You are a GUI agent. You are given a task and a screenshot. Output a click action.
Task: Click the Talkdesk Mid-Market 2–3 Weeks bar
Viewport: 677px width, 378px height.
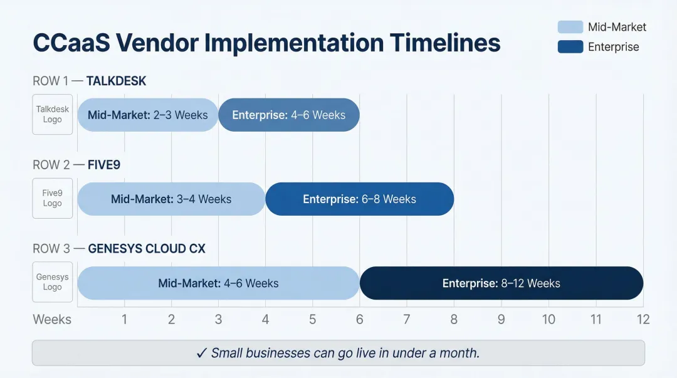point(147,115)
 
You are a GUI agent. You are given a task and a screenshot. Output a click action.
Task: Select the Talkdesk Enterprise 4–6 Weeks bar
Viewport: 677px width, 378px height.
point(289,115)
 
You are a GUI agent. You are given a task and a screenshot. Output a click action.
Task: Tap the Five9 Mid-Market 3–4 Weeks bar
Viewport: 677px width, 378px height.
point(171,199)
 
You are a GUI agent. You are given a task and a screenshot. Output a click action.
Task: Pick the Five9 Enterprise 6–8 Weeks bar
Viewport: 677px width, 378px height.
point(359,199)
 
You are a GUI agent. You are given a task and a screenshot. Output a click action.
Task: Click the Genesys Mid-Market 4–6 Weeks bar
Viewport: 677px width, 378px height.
point(218,283)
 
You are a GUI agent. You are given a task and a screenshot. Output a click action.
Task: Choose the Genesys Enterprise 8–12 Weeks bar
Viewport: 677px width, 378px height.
point(501,283)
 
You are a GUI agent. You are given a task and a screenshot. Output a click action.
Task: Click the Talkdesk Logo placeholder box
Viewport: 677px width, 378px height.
point(53,114)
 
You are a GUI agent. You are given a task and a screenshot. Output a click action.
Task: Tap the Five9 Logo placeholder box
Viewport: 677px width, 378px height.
point(53,199)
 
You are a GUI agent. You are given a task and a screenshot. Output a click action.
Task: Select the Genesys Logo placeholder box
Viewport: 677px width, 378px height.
point(53,282)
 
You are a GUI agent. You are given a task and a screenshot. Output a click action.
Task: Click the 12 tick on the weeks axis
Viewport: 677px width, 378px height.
point(643,320)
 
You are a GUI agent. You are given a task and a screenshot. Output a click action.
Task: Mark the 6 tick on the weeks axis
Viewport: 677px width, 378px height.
point(360,320)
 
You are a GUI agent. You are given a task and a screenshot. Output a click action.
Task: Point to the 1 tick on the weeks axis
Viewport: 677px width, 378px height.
point(125,320)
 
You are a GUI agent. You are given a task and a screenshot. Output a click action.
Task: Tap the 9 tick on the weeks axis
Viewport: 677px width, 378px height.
point(501,320)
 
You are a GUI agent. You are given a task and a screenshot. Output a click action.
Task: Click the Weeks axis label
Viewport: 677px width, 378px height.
point(52,320)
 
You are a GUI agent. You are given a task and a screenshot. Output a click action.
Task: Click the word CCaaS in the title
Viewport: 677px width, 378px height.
point(70,43)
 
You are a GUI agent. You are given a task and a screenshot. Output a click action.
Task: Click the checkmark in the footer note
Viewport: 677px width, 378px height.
point(202,353)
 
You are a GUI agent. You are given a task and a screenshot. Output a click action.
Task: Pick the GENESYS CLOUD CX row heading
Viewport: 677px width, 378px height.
point(147,249)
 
